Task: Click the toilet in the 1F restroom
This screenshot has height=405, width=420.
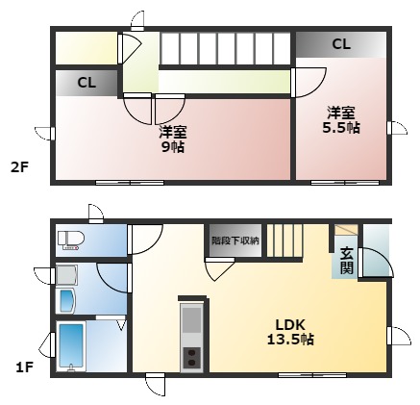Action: click(71, 240)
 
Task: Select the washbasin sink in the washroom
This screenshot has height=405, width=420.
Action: click(66, 301)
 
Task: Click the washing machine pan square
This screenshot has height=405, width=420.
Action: click(66, 275)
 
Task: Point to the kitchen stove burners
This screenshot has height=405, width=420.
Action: click(191, 358)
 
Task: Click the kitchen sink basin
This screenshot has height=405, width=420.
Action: click(191, 320)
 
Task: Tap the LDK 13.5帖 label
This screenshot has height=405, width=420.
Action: click(290, 332)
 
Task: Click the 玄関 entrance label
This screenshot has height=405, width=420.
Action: click(347, 261)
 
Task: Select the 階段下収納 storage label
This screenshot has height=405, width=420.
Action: click(235, 240)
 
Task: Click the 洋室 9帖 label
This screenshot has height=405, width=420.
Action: click(173, 139)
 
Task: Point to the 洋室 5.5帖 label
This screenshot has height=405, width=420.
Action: click(341, 120)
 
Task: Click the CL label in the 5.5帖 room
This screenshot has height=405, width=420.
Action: click(341, 44)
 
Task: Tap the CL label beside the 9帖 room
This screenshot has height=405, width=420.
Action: click(86, 83)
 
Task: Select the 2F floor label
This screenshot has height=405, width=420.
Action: click(20, 167)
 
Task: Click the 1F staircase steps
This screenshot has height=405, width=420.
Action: click(284, 240)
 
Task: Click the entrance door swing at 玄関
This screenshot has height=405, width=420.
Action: click(376, 263)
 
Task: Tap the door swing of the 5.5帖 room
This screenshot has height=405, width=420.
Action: click(309, 83)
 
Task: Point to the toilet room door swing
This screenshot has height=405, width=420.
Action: click(145, 240)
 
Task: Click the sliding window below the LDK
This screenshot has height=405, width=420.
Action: click(312, 374)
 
